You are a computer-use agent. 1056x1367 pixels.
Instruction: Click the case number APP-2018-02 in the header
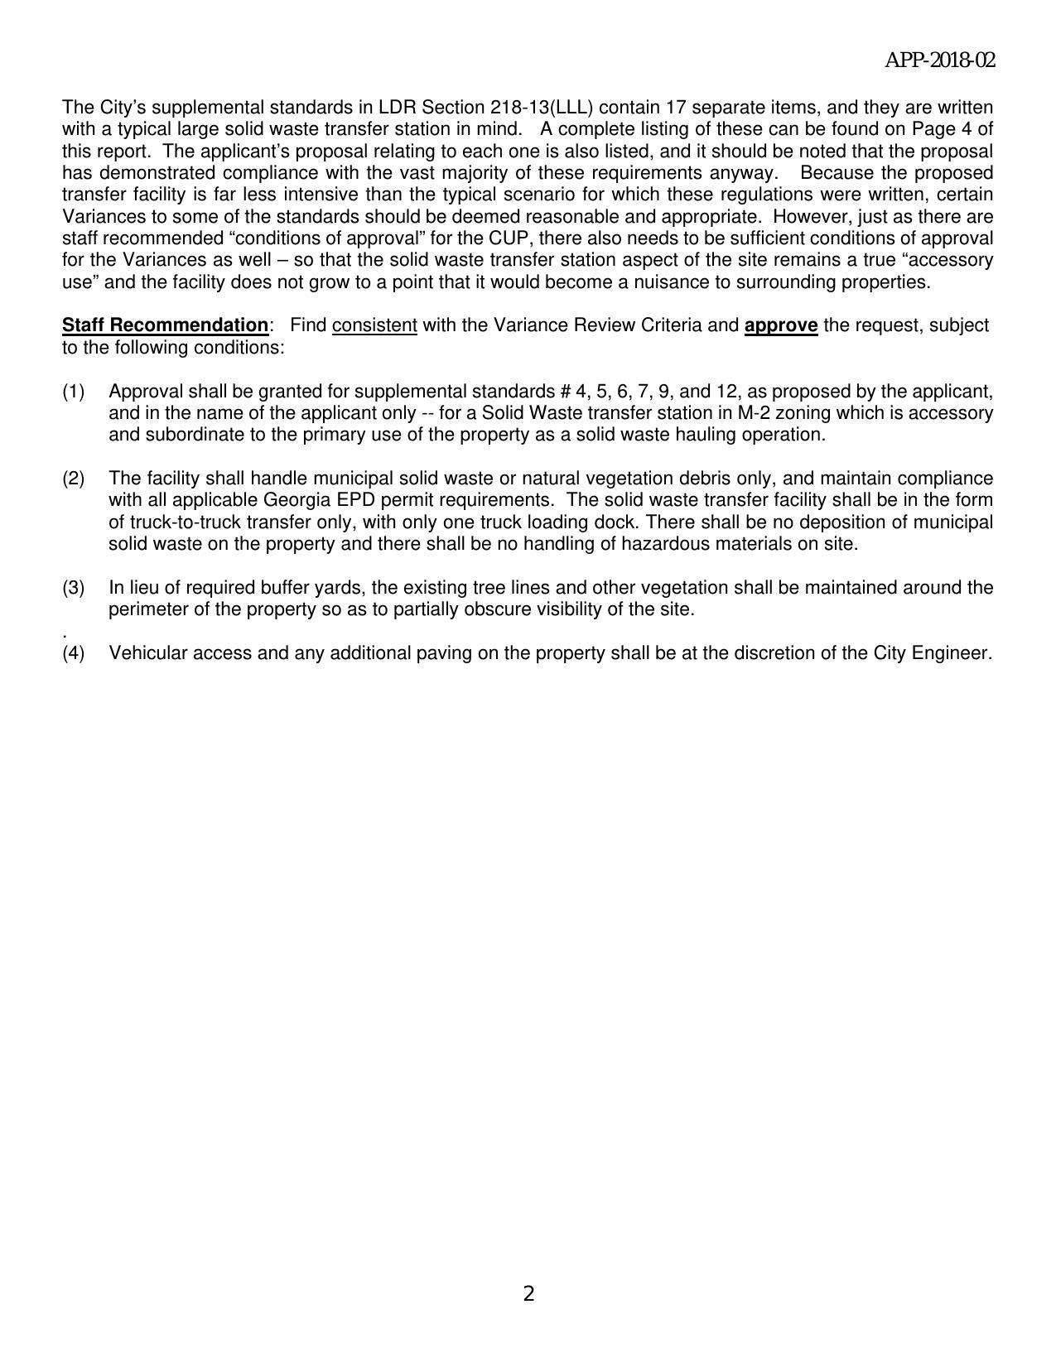tap(939, 60)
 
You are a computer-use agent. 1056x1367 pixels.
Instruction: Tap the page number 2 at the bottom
tap(528, 1293)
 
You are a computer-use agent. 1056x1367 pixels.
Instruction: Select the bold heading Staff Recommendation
tap(165, 325)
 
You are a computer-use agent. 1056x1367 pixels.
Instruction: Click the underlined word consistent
tap(374, 325)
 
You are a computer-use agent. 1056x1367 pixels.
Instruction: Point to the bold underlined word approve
tap(781, 325)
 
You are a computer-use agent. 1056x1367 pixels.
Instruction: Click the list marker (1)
tap(73, 391)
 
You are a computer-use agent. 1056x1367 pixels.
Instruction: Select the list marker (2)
tap(73, 479)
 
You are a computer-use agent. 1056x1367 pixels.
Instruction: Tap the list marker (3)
tap(73, 588)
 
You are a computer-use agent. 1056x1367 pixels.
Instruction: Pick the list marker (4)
tap(73, 653)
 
